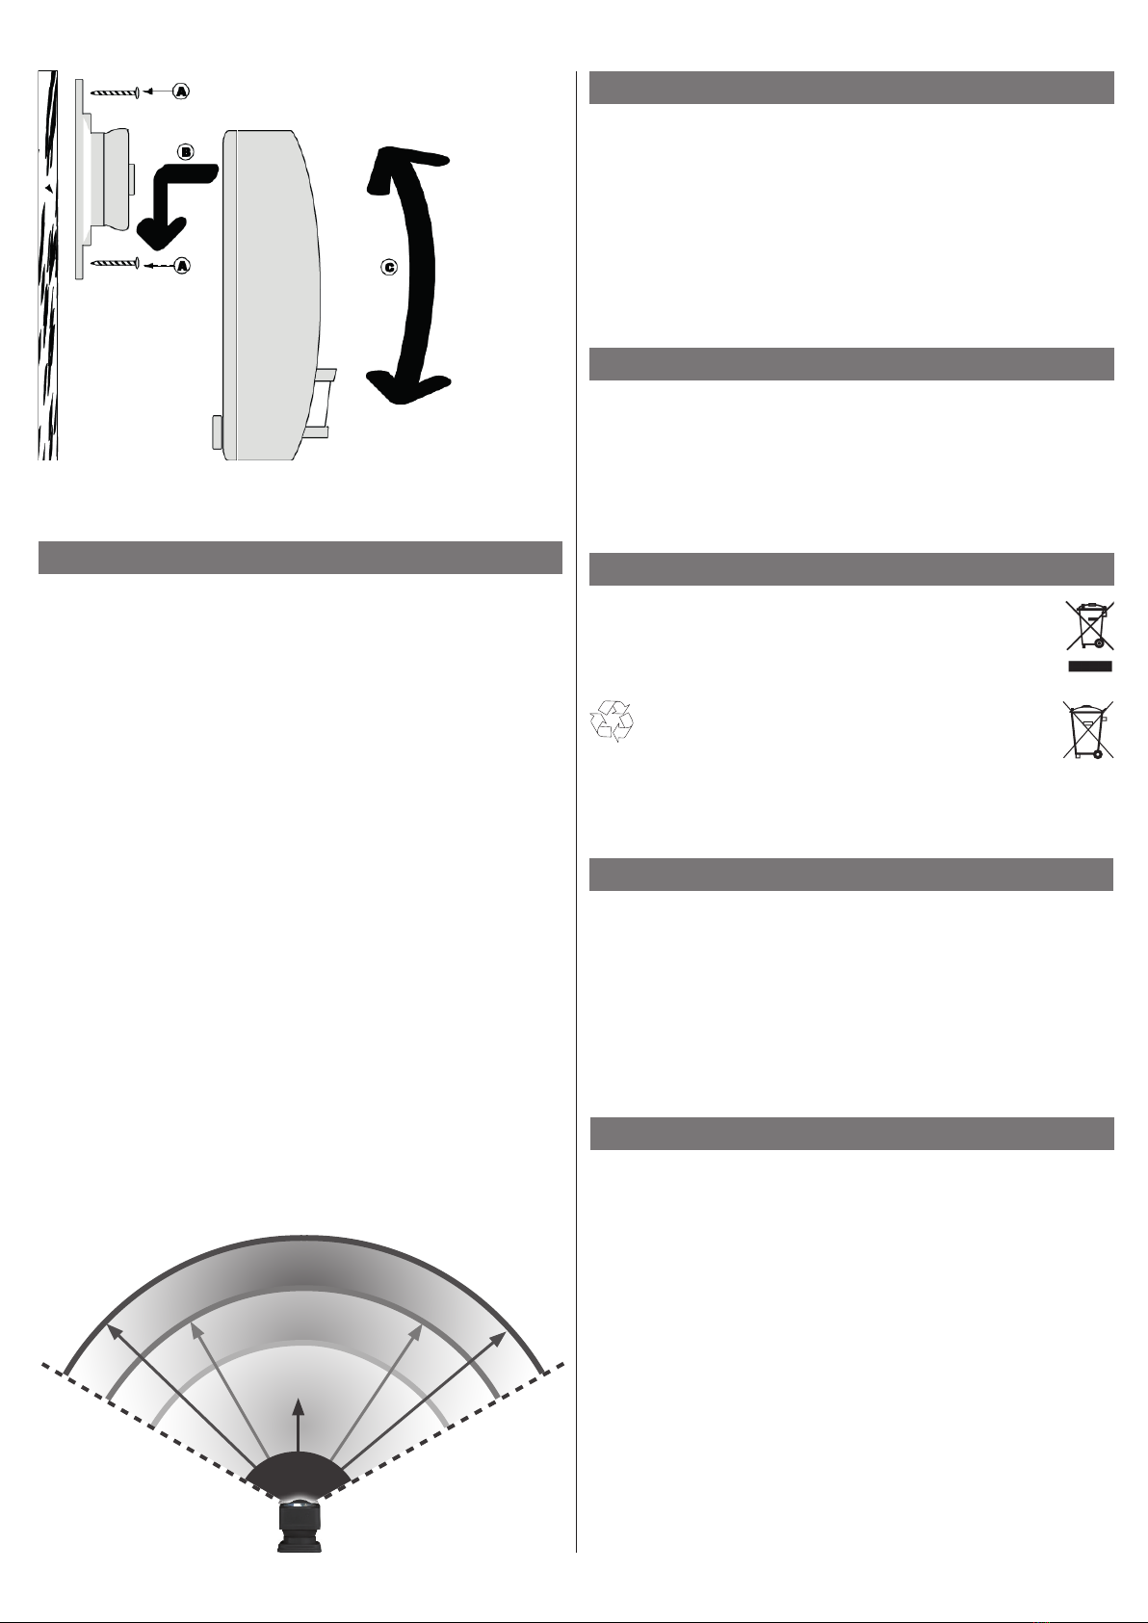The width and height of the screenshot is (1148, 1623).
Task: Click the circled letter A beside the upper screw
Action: [x=181, y=92]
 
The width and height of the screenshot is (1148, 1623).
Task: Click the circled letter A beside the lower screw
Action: [x=182, y=266]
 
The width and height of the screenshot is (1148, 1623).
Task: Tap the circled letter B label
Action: [x=186, y=152]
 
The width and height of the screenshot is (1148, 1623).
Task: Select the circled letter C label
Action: [x=389, y=268]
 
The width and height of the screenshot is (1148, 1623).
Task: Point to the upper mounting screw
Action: [x=116, y=92]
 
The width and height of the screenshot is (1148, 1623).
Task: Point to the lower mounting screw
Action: [x=116, y=263]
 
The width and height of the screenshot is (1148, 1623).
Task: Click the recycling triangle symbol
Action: [x=612, y=720]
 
